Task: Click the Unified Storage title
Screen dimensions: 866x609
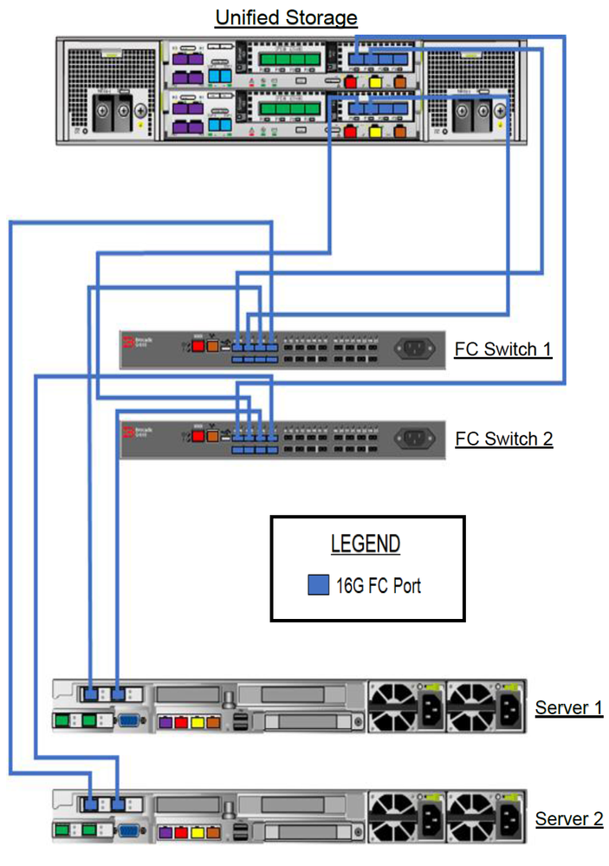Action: pyautogui.click(x=286, y=17)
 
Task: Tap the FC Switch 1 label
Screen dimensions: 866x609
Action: pyautogui.click(x=503, y=349)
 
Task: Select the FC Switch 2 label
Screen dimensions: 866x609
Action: pyautogui.click(x=503, y=439)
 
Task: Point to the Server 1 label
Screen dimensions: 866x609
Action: pyautogui.click(x=568, y=707)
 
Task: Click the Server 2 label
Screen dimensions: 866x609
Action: pyautogui.click(x=568, y=818)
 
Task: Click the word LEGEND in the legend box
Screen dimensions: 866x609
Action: pyautogui.click(x=366, y=544)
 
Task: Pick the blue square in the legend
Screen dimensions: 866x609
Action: pyautogui.click(x=318, y=585)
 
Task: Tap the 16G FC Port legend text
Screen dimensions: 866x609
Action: pyautogui.click(x=379, y=585)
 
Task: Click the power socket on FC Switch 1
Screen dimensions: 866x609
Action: pyautogui.click(x=415, y=348)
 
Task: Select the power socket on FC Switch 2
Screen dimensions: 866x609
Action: pyautogui.click(x=415, y=438)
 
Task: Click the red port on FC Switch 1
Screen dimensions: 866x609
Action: pyautogui.click(x=198, y=346)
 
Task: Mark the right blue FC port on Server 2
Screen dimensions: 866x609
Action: pyautogui.click(x=118, y=804)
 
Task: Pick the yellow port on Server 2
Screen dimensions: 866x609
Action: pyautogui.click(x=198, y=832)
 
